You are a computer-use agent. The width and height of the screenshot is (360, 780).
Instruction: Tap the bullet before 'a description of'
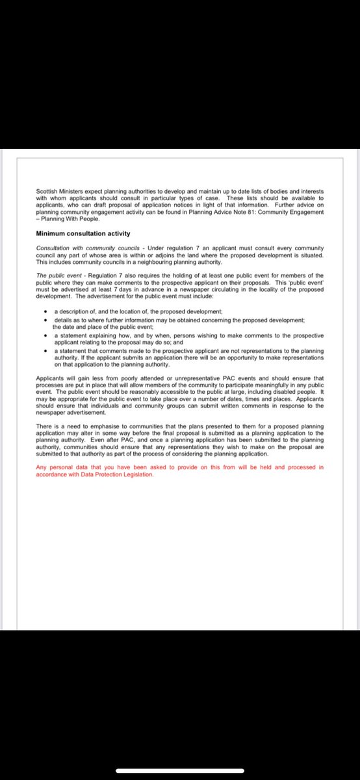44,312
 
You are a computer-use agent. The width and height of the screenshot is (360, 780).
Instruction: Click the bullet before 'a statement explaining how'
44,335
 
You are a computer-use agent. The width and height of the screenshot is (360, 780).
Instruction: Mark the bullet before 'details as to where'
44,320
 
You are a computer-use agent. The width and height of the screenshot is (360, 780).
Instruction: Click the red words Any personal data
58,467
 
